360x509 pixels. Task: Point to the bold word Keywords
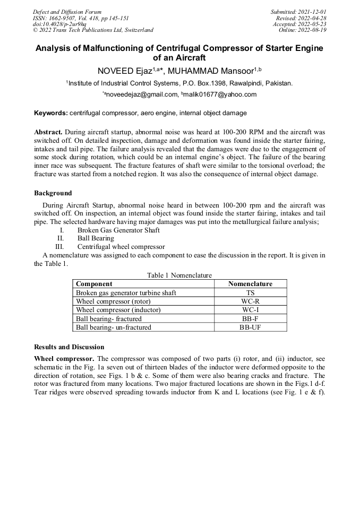point(50,113)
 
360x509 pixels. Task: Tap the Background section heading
point(53,193)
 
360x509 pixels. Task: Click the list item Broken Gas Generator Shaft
point(118,230)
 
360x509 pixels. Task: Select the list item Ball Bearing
point(96,238)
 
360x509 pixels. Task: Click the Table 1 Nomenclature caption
point(179,275)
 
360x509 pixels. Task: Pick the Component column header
point(94,284)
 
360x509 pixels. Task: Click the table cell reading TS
point(250,292)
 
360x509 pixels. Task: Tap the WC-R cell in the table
point(250,301)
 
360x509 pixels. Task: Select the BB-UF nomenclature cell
point(250,327)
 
